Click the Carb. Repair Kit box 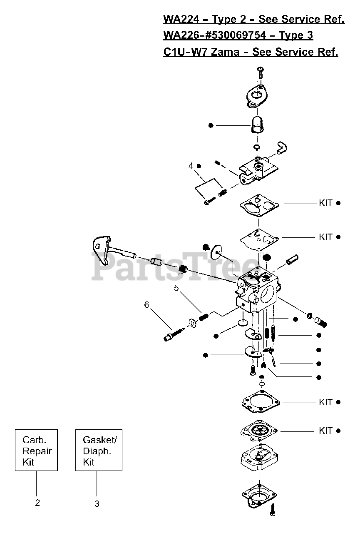point(36,450)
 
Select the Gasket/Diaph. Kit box point(99,450)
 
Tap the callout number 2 point(37,503)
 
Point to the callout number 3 point(97,504)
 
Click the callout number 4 point(191,166)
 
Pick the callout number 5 point(176,287)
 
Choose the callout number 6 point(146,305)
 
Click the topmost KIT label point(325,203)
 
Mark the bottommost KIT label point(325,431)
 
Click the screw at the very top point(261,72)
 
